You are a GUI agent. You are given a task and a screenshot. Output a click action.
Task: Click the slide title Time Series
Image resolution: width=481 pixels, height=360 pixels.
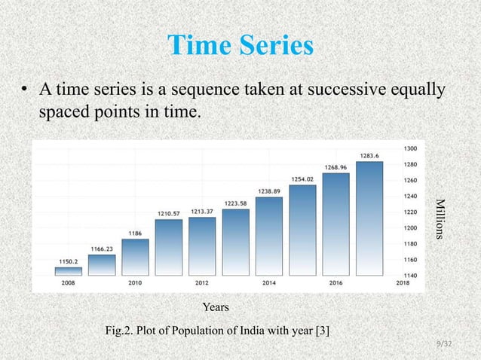240,46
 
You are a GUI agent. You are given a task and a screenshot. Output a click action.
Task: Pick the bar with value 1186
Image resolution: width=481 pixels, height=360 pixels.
135,257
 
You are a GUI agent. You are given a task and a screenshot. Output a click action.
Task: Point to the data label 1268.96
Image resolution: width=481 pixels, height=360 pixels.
335,166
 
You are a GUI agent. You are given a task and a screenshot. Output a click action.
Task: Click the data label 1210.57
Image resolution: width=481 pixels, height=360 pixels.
169,213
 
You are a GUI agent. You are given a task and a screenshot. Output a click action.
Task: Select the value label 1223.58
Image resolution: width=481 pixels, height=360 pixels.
236,203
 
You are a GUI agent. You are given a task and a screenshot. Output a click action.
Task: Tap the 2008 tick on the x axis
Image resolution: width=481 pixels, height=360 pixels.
69,283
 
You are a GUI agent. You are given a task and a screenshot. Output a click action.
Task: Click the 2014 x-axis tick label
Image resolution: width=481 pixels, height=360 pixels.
268,283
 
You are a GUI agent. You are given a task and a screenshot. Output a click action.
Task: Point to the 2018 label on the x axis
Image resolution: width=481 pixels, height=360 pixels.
402,283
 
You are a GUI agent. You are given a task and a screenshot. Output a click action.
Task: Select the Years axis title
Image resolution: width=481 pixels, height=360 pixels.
216,307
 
